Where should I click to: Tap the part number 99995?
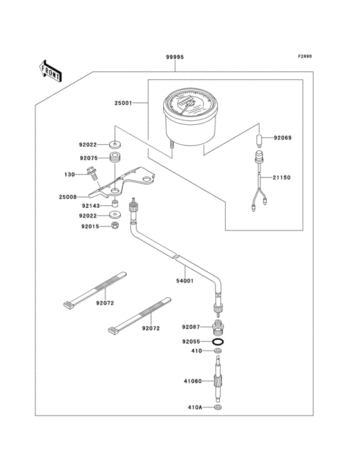(175, 57)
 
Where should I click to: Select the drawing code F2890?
(304, 57)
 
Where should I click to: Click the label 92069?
(283, 138)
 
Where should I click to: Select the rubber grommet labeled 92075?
(116, 158)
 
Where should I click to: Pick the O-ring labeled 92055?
(218, 342)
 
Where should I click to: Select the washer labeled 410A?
(218, 408)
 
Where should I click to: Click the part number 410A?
(195, 408)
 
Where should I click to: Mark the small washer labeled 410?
(218, 351)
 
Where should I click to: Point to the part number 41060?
(192, 381)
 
